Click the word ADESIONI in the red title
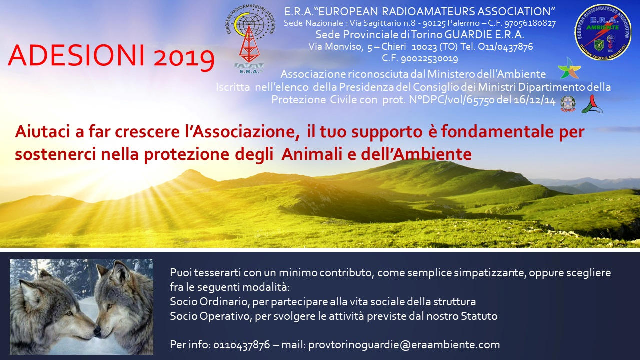click(76, 55)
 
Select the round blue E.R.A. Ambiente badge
click(603, 32)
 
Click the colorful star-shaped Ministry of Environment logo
click(569, 68)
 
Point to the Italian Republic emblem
click(567, 103)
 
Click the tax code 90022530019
click(429, 59)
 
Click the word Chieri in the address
click(393, 46)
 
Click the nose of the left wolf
click(97, 331)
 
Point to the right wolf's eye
click(109, 306)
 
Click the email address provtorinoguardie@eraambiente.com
click(404, 345)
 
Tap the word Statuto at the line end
click(479, 316)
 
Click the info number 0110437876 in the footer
click(241, 345)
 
